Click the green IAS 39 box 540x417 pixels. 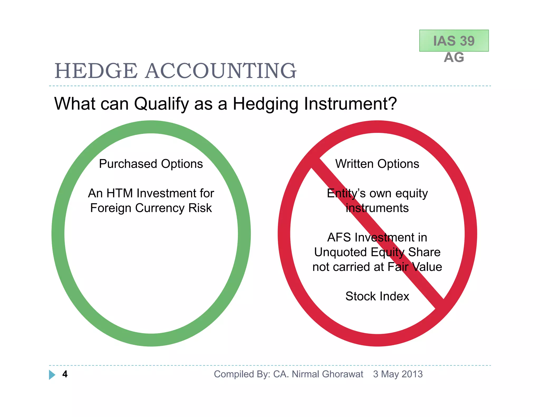(454, 41)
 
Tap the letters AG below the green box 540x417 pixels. (454, 57)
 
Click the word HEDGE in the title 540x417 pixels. (96, 71)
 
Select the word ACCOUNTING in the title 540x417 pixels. (221, 71)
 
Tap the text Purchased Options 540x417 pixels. (151, 164)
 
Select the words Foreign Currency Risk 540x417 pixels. (151, 208)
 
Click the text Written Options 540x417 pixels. (377, 164)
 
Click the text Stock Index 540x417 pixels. (377, 296)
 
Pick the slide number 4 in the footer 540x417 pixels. (65, 374)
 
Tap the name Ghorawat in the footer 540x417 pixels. (343, 374)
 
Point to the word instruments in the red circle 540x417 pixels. (377, 208)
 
